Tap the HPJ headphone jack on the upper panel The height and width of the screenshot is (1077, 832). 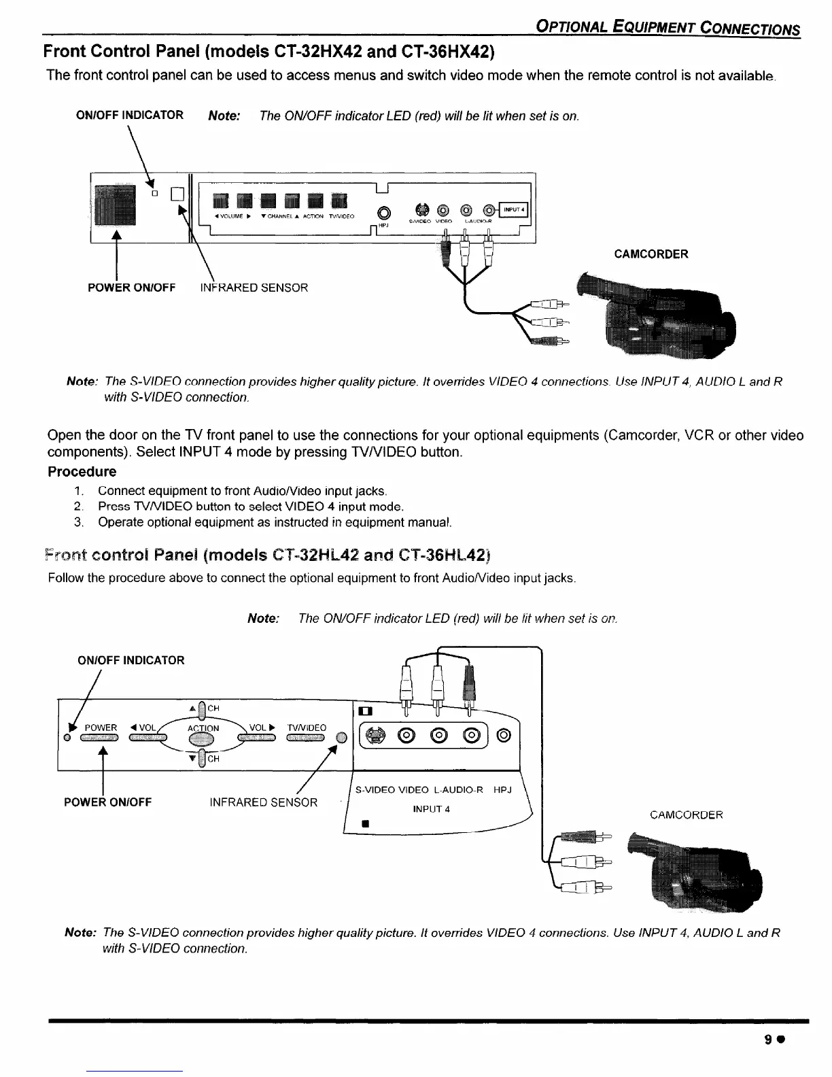pyautogui.click(x=385, y=211)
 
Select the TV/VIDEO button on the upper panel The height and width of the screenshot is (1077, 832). pyautogui.click(x=339, y=201)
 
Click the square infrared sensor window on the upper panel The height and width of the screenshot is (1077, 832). pyautogui.click(x=177, y=194)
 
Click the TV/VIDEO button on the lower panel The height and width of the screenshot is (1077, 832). pyautogui.click(x=307, y=739)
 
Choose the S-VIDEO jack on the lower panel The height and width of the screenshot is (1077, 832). pyautogui.click(x=376, y=735)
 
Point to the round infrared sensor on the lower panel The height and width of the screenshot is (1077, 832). pyautogui.click(x=342, y=738)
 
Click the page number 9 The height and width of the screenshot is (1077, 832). pyautogui.click(x=768, y=1040)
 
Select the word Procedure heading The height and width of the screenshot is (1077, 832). pyautogui.click(x=82, y=471)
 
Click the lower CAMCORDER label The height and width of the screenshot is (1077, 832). pyautogui.click(x=686, y=815)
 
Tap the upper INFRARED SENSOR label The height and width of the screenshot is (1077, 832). pyautogui.click(x=254, y=288)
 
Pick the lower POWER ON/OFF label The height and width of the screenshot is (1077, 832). pyautogui.click(x=107, y=802)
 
